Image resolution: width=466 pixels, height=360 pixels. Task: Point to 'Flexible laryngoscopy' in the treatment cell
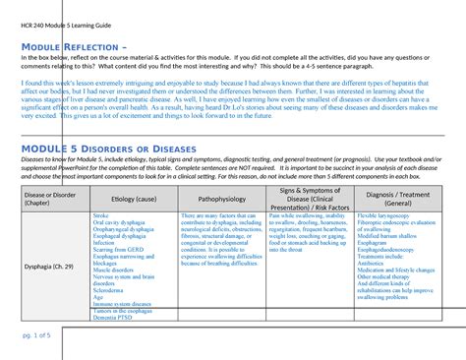[385, 214]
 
